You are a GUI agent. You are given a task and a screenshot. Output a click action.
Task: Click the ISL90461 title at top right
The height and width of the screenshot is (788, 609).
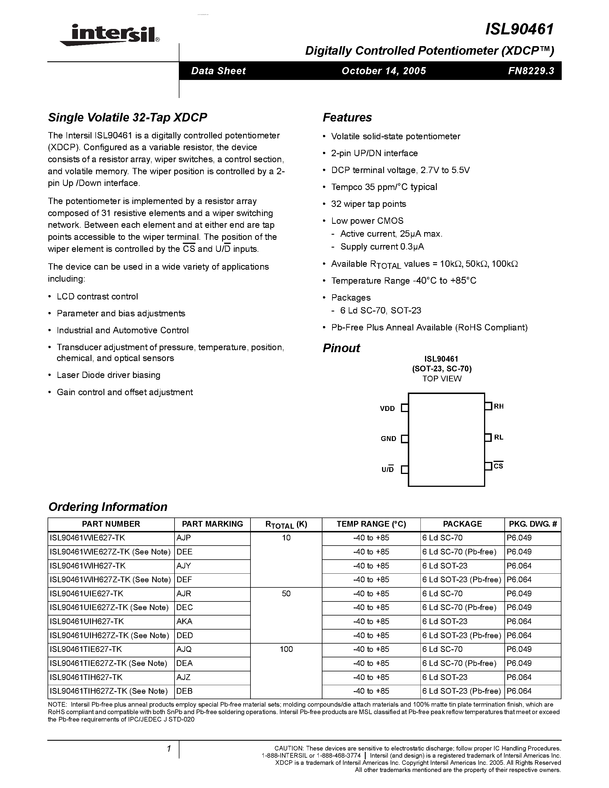tap(519, 29)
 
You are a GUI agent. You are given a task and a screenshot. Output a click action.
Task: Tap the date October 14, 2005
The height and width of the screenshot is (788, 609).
tap(383, 71)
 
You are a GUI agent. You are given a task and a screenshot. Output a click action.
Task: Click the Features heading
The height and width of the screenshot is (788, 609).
tap(347, 117)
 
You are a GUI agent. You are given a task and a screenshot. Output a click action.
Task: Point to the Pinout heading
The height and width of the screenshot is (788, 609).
tap(341, 348)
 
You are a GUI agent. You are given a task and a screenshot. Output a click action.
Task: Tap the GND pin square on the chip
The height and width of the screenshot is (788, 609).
tap(405, 439)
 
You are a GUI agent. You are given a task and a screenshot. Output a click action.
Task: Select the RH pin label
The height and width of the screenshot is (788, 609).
tap(499, 406)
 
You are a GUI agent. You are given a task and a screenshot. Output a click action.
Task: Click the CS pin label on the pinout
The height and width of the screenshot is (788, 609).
tap(498, 466)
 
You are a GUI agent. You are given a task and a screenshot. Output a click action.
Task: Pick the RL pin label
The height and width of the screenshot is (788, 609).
tap(499, 437)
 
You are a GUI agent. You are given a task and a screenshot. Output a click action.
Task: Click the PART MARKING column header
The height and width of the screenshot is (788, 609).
tap(212, 524)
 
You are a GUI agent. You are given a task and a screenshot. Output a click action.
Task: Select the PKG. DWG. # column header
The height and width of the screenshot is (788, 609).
tap(533, 524)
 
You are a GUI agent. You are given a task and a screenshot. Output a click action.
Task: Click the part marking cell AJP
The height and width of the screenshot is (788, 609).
tap(184, 538)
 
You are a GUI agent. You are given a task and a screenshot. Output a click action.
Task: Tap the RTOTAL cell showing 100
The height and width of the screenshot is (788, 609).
tap(286, 649)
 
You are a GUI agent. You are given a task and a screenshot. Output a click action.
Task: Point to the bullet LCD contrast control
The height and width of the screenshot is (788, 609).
tap(97, 297)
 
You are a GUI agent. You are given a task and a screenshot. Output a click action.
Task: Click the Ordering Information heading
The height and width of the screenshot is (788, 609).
tap(108, 507)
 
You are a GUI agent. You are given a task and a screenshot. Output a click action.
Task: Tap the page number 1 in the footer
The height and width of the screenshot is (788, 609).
tap(169, 749)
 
